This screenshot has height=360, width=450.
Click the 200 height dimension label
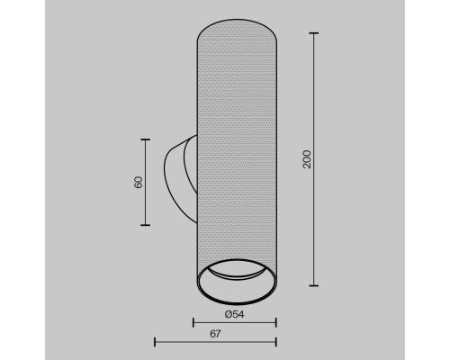(307, 159)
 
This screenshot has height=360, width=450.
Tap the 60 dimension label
(139, 183)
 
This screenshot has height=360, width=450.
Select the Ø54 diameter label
(234, 314)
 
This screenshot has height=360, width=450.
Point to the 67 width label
(215, 334)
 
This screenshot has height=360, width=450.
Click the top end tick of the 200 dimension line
(314, 33)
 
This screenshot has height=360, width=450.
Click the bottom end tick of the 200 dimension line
(314, 285)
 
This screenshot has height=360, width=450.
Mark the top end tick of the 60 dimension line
(146, 139)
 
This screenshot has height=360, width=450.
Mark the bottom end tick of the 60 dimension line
(146, 225)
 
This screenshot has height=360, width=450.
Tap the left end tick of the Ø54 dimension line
(193, 323)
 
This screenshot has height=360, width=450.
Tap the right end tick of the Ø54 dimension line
(275, 323)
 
